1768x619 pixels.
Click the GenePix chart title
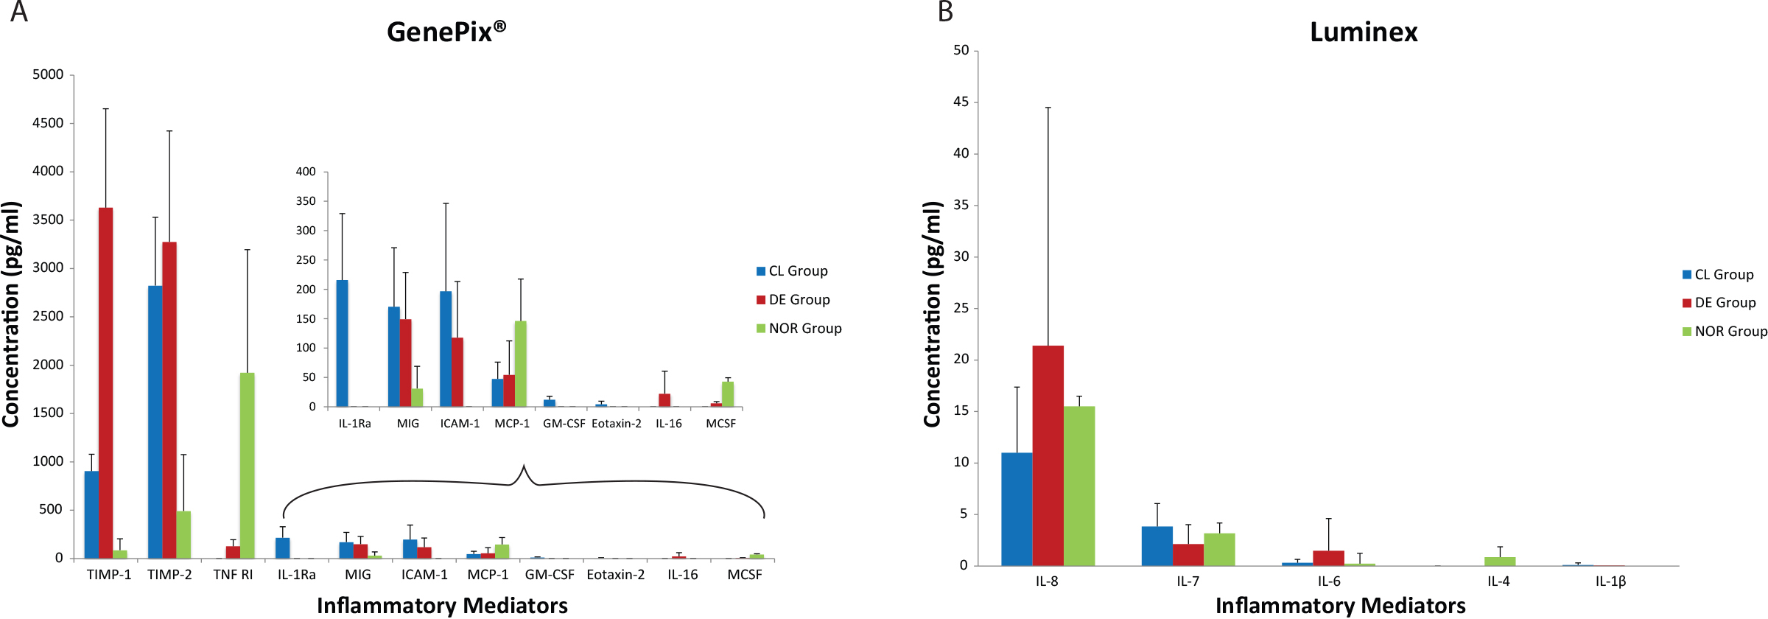coord(446,32)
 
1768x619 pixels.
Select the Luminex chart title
coord(1364,32)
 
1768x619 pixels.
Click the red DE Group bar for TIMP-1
coord(105,383)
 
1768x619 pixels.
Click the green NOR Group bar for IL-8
coord(1079,486)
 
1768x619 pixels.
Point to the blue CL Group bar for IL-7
coord(1157,546)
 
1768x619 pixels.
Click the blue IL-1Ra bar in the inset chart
coord(342,343)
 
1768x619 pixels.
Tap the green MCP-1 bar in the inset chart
coord(521,364)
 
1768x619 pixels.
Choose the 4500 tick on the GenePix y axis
coord(48,123)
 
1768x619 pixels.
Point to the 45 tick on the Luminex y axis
coord(961,102)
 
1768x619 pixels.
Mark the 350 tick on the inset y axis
coord(306,201)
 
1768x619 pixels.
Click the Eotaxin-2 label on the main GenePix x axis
coord(615,575)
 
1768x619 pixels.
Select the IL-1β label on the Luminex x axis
coord(1610,581)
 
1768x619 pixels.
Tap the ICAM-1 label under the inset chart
coord(460,424)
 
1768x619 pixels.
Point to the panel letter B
coord(945,12)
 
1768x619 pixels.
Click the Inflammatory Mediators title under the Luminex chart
coord(1340,606)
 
